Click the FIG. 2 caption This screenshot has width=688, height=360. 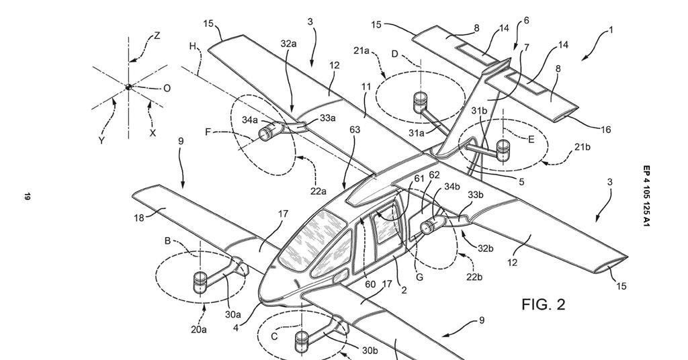tap(543, 304)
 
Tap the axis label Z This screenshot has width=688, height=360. tap(157, 36)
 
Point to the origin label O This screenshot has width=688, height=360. tap(167, 88)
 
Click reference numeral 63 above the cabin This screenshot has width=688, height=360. tap(355, 129)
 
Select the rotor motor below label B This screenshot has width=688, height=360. tap(200, 282)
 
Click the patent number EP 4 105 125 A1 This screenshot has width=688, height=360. tap(646, 194)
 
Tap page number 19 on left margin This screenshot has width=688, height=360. tap(28, 196)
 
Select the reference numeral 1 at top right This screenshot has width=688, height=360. tap(611, 30)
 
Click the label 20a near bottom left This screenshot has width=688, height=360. tap(198, 329)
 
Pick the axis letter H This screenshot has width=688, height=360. tap(193, 46)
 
